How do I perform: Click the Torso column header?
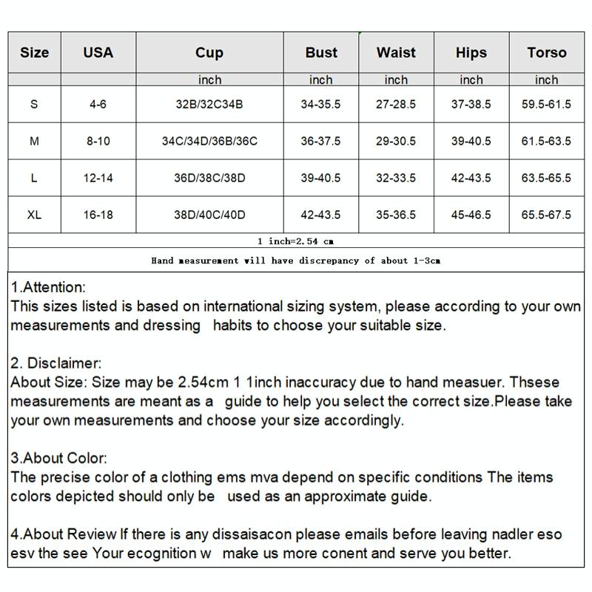coord(547,53)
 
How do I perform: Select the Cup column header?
coord(209,53)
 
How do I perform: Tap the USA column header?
coord(98,53)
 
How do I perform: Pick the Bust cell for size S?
coord(320,104)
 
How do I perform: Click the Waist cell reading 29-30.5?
coord(396,141)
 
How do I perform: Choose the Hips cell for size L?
coord(471,178)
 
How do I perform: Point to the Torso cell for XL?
coord(547,215)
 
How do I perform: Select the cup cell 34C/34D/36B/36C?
coord(209,141)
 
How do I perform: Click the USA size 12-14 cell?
coord(98,178)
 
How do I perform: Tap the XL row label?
coord(34,215)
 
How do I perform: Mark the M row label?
coord(34,141)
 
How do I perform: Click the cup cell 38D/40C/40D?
coord(209,215)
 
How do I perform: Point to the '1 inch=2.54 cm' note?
coord(296,241)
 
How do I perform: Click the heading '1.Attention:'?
coord(49,287)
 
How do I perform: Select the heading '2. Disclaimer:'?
coord(56,363)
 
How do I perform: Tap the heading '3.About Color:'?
coord(59,459)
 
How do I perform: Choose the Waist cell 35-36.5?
coord(396,215)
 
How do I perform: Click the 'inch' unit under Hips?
coord(471,80)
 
